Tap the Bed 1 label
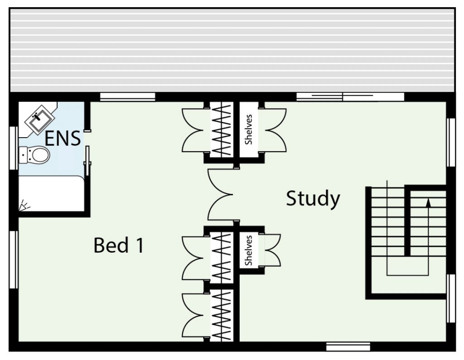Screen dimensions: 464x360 click(x=119, y=245)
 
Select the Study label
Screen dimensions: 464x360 click(x=313, y=199)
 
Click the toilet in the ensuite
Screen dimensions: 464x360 click(x=34, y=155)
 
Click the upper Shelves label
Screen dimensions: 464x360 click(x=249, y=130)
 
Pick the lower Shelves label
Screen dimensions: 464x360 click(x=249, y=250)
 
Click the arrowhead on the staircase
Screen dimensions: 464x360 click(x=428, y=202)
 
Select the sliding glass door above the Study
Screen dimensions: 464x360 click(x=350, y=96)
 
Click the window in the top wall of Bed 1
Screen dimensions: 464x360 click(x=127, y=97)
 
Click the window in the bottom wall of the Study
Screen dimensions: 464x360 click(x=348, y=346)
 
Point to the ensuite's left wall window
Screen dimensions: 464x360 click(x=13, y=148)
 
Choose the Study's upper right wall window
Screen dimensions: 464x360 click(x=451, y=142)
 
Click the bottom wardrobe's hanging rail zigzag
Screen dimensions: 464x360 click(x=222, y=316)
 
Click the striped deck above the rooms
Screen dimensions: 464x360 click(x=232, y=50)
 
